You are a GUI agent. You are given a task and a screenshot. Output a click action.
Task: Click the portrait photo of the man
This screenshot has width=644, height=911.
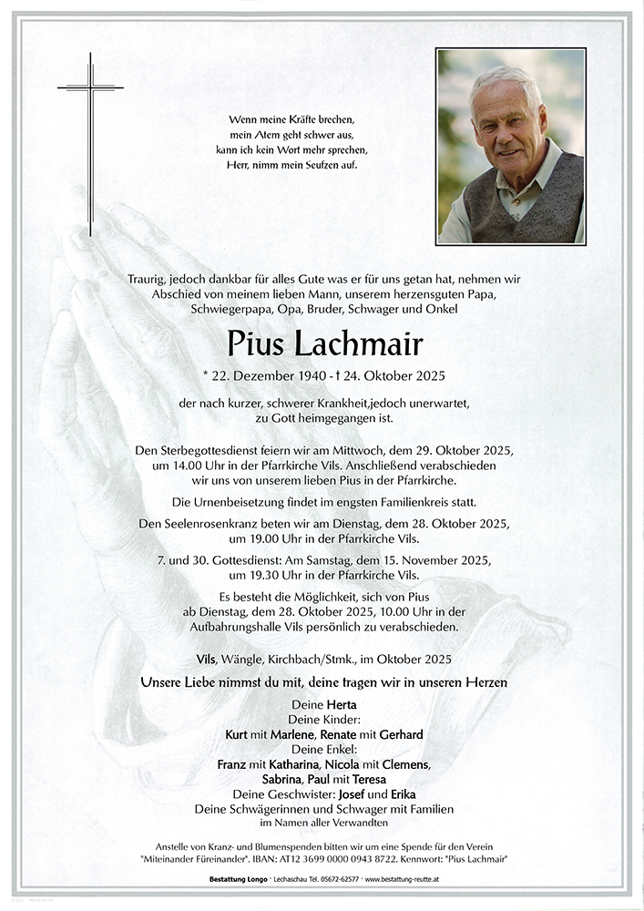pos(510,147)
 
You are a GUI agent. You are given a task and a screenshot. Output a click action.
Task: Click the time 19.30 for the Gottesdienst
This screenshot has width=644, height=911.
pos(280,575)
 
